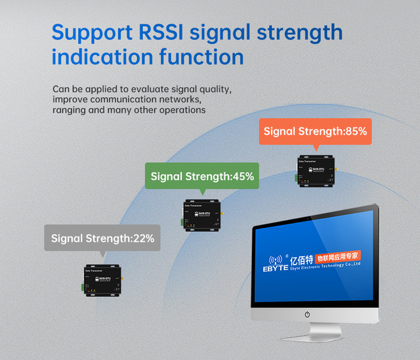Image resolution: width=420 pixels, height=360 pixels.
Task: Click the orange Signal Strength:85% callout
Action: (315, 131)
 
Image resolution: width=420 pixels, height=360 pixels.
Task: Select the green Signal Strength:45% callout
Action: (202, 176)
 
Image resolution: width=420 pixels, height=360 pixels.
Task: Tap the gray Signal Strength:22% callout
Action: (102, 238)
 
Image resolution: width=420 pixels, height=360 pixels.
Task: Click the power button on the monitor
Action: (307, 315)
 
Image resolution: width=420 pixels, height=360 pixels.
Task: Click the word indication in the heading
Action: (101, 57)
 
